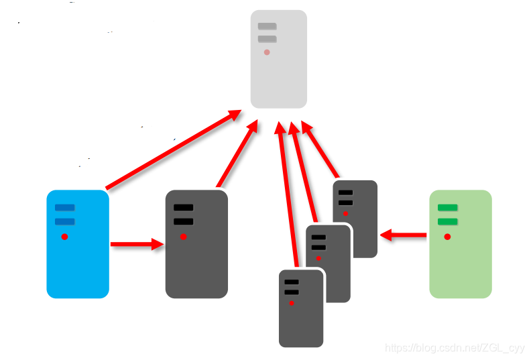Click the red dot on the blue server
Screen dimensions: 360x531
pos(64,237)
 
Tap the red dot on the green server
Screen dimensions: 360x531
pos(447,237)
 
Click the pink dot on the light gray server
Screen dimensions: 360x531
pos(267,52)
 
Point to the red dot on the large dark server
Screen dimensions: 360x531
pos(183,237)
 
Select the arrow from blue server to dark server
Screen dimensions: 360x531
pos(137,245)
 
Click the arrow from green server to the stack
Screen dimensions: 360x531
pos(404,235)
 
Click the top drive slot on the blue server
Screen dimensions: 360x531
pos(64,208)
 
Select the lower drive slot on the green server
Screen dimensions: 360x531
pos(447,221)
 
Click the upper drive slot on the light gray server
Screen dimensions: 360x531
pos(267,26)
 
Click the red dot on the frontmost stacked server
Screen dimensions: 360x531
pos(292,304)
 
